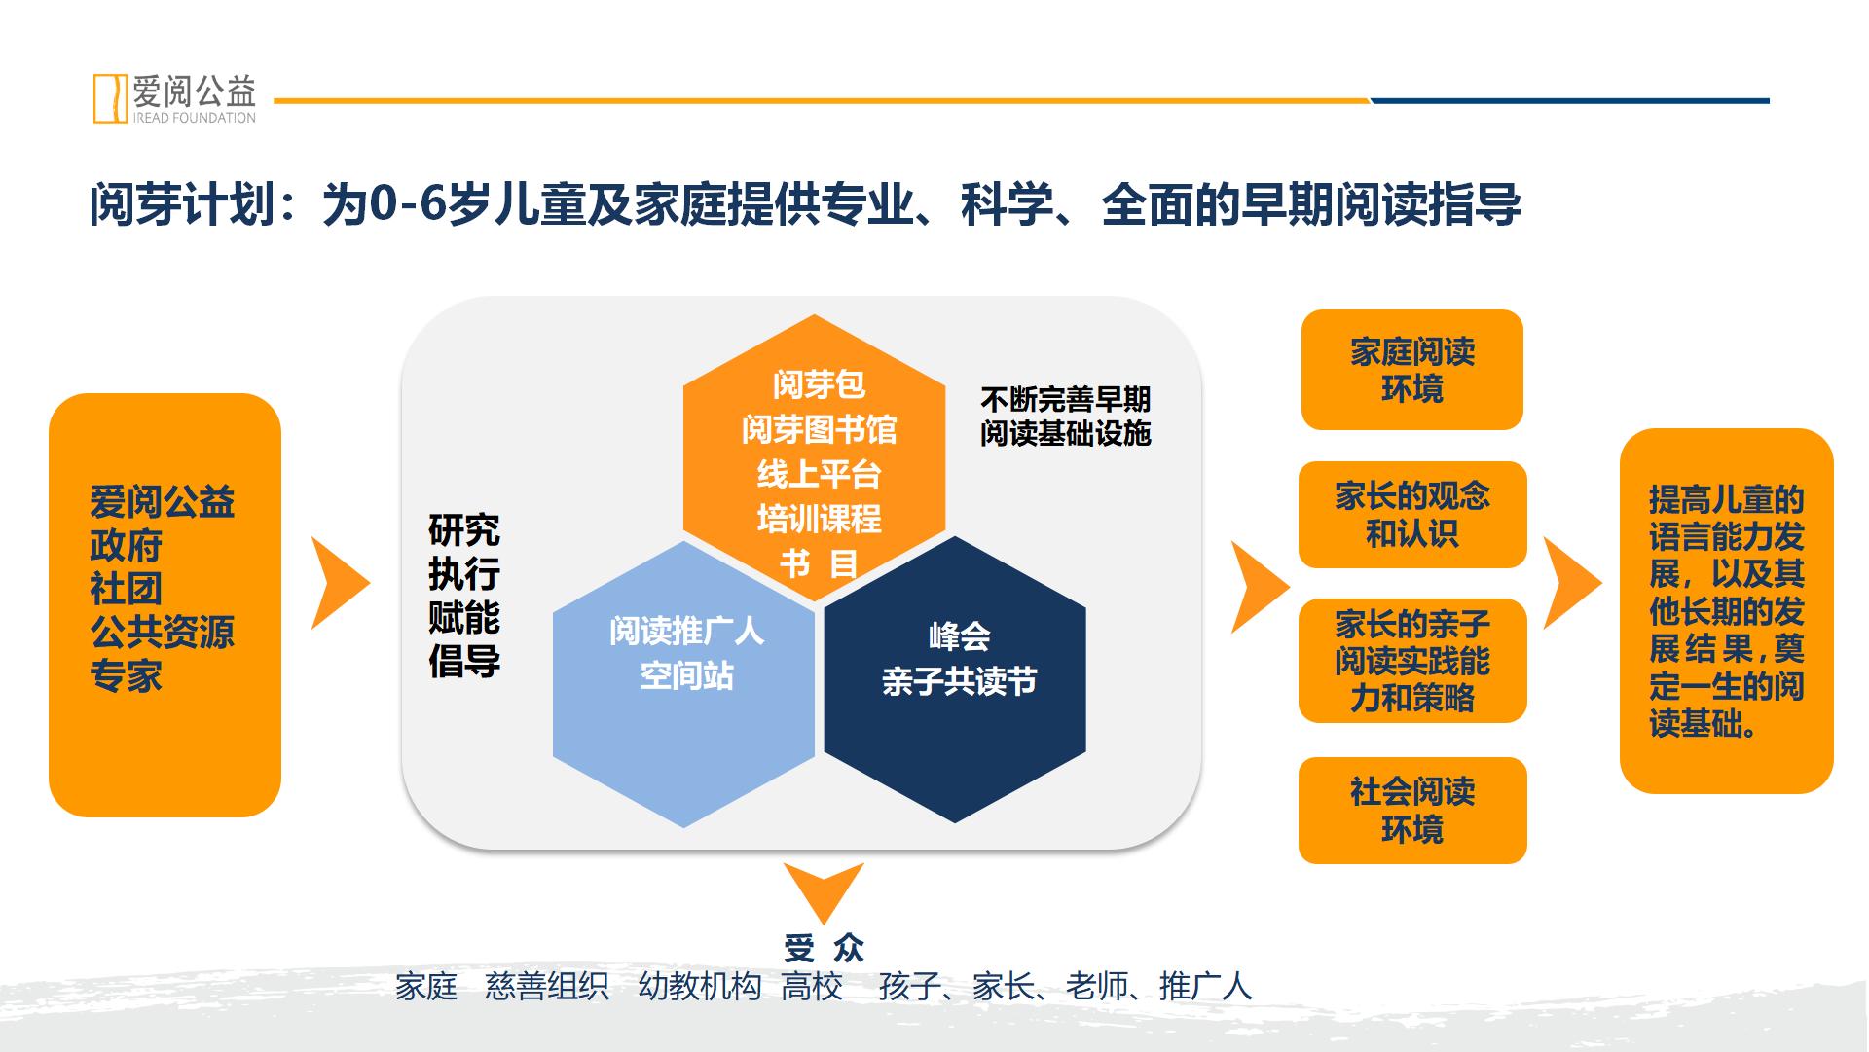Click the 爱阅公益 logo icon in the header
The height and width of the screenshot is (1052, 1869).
(110, 97)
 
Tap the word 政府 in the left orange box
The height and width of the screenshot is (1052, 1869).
(126, 546)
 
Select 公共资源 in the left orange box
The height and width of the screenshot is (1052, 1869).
(163, 633)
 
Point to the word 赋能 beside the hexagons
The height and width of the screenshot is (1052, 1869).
(464, 618)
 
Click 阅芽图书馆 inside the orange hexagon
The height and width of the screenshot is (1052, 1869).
(819, 429)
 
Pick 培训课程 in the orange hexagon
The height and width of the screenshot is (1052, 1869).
(819, 519)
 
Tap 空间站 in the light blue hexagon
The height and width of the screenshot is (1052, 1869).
(686, 675)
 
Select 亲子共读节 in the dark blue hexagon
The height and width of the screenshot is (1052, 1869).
(959, 681)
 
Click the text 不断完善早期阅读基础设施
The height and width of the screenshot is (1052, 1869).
(1066, 417)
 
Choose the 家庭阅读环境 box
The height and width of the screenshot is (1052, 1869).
(1411, 370)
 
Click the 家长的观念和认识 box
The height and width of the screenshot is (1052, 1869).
(1412, 515)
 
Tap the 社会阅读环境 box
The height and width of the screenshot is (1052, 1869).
(1412, 811)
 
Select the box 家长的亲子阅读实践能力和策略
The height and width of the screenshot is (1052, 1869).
(1412, 661)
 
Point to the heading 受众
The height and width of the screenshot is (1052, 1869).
(824, 947)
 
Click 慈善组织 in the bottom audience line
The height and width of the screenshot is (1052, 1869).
(547, 987)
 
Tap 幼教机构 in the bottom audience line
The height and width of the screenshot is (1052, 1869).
(700, 987)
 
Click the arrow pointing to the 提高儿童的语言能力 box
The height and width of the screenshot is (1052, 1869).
(1571, 583)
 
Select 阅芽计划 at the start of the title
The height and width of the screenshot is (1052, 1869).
(183, 205)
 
